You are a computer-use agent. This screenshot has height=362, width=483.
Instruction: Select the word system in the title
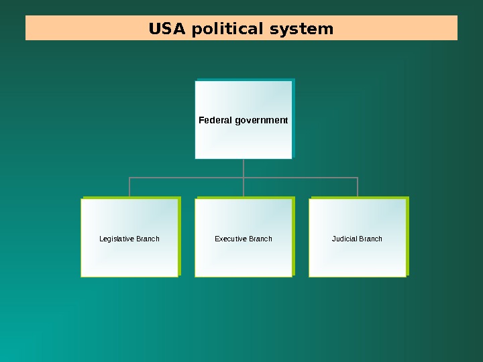pos(301,29)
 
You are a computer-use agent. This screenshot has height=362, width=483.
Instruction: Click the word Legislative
pos(116,239)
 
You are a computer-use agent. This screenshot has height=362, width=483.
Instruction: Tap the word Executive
pos(230,239)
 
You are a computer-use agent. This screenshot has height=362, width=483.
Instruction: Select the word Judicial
pos(344,239)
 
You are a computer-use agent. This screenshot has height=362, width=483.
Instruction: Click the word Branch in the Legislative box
pos(148,239)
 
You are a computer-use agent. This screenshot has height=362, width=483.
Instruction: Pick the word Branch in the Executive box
pos(260,239)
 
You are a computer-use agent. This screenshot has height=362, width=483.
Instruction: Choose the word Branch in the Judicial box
pos(370,239)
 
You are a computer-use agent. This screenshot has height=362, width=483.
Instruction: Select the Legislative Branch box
pos(129,258)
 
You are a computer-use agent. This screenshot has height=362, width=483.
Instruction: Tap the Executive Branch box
pos(244,258)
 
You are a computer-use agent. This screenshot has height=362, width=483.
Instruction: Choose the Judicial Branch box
pos(358,258)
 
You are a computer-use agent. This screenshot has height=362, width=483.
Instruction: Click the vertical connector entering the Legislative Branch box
pos(129,188)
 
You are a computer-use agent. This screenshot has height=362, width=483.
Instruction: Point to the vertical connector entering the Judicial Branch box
pos(358,188)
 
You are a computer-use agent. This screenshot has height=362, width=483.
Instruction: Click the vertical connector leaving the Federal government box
pos(244,168)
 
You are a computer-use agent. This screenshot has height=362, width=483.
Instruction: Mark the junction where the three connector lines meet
pos(244,178)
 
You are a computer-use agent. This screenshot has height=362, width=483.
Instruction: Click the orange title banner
pos(402,28)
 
